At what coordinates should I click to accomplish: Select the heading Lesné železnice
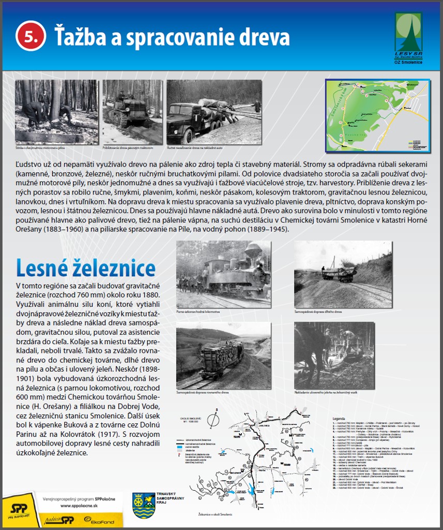pyautogui.click(x=86, y=268)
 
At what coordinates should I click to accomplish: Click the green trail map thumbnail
pyautogui.click(x=377, y=115)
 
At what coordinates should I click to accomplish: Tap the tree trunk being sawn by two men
pyautogui.click(x=55, y=100)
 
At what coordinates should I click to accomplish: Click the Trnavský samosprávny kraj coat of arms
pyautogui.click(x=144, y=506)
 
